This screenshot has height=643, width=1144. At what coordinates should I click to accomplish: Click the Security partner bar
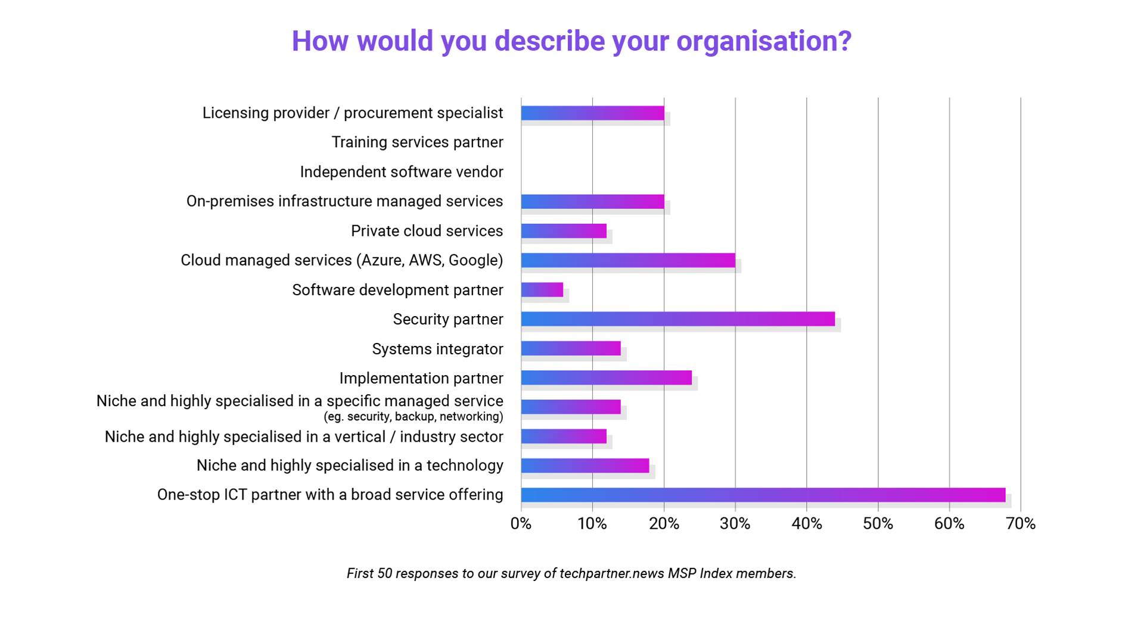point(677,319)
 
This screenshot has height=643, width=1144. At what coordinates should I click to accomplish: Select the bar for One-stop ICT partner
point(763,495)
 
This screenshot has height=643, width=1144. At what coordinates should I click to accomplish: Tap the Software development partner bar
point(542,290)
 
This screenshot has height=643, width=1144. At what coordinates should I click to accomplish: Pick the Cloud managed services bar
point(627,260)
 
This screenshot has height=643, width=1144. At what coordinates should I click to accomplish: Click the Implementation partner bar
point(606,377)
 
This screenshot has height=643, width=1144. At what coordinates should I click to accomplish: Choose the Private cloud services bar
point(563,231)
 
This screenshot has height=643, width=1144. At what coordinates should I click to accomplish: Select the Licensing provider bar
point(592,113)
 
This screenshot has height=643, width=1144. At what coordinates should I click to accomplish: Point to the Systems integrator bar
point(570,348)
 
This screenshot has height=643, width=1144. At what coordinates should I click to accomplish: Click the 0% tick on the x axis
point(521,524)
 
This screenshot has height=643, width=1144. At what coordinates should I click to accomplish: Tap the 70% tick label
point(1021,524)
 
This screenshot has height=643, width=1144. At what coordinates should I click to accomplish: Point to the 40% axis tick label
point(806,524)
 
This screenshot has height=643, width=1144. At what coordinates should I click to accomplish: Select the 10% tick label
point(592,524)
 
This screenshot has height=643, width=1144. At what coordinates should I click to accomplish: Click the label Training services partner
point(417,142)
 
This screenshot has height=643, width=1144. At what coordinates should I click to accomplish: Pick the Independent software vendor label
point(401,172)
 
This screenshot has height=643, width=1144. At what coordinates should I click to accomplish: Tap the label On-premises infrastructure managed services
point(344,201)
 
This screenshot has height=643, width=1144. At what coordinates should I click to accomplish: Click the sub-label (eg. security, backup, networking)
point(413,417)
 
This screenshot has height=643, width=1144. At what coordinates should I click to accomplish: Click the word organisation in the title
point(764,41)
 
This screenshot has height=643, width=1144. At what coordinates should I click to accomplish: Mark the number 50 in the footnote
point(384,573)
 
